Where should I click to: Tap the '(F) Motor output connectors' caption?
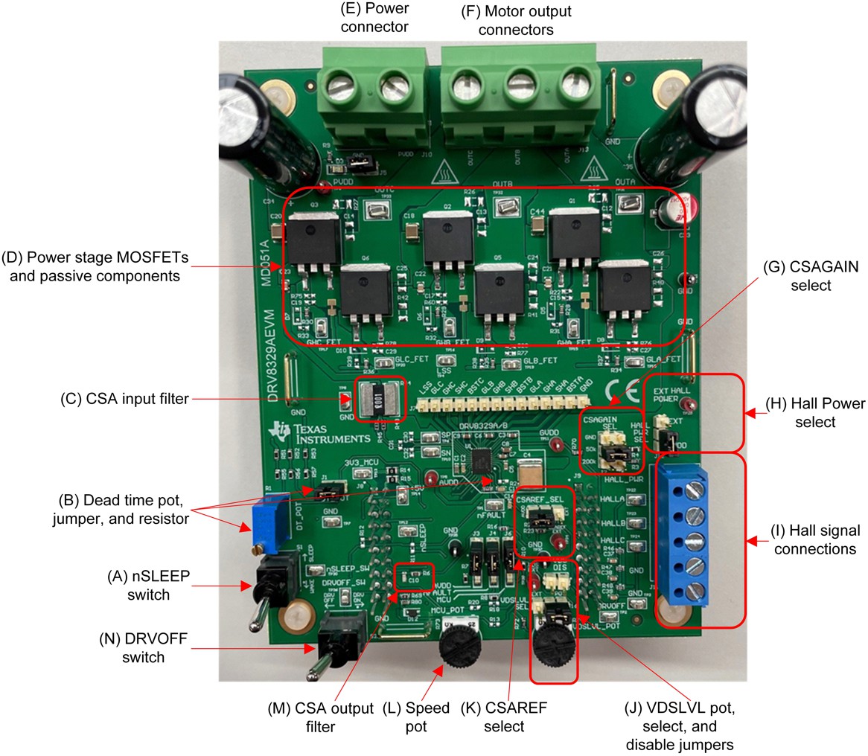point(516,20)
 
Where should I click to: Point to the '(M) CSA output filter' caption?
point(320,719)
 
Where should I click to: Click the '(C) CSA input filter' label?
point(124,400)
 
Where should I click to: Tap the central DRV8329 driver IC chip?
point(477,463)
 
